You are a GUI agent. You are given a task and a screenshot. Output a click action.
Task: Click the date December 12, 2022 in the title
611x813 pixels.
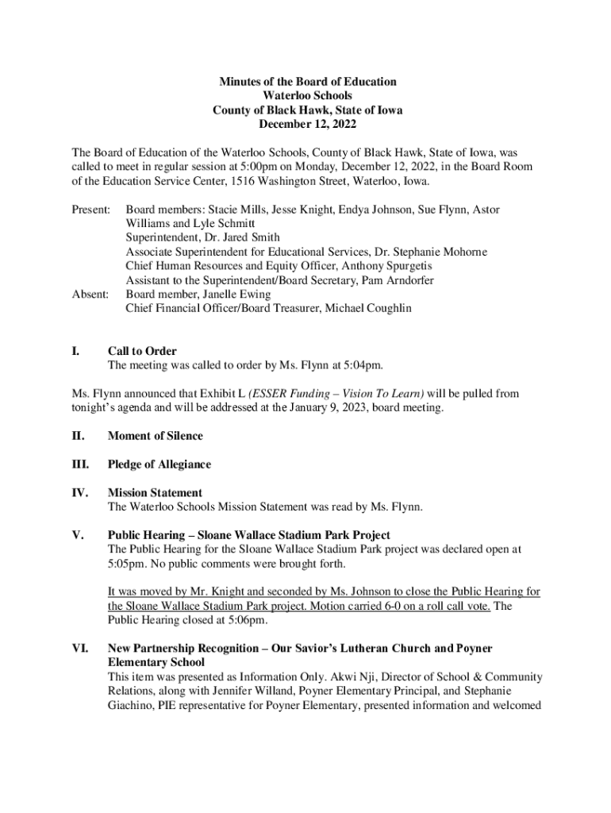[307, 125]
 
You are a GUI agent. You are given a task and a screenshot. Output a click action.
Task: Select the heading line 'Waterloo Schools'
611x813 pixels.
[307, 96]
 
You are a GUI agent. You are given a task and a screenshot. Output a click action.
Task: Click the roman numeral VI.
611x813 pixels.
[80, 649]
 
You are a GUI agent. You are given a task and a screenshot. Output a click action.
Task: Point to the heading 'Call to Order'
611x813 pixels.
[142, 351]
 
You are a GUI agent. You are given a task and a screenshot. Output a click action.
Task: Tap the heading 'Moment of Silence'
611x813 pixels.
[155, 436]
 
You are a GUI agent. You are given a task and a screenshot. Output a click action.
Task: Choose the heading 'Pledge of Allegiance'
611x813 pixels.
[159, 464]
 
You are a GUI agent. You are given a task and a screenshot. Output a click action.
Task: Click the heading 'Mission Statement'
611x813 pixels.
[155, 493]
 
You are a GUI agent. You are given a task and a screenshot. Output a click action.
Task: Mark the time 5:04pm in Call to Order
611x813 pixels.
[363, 365]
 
